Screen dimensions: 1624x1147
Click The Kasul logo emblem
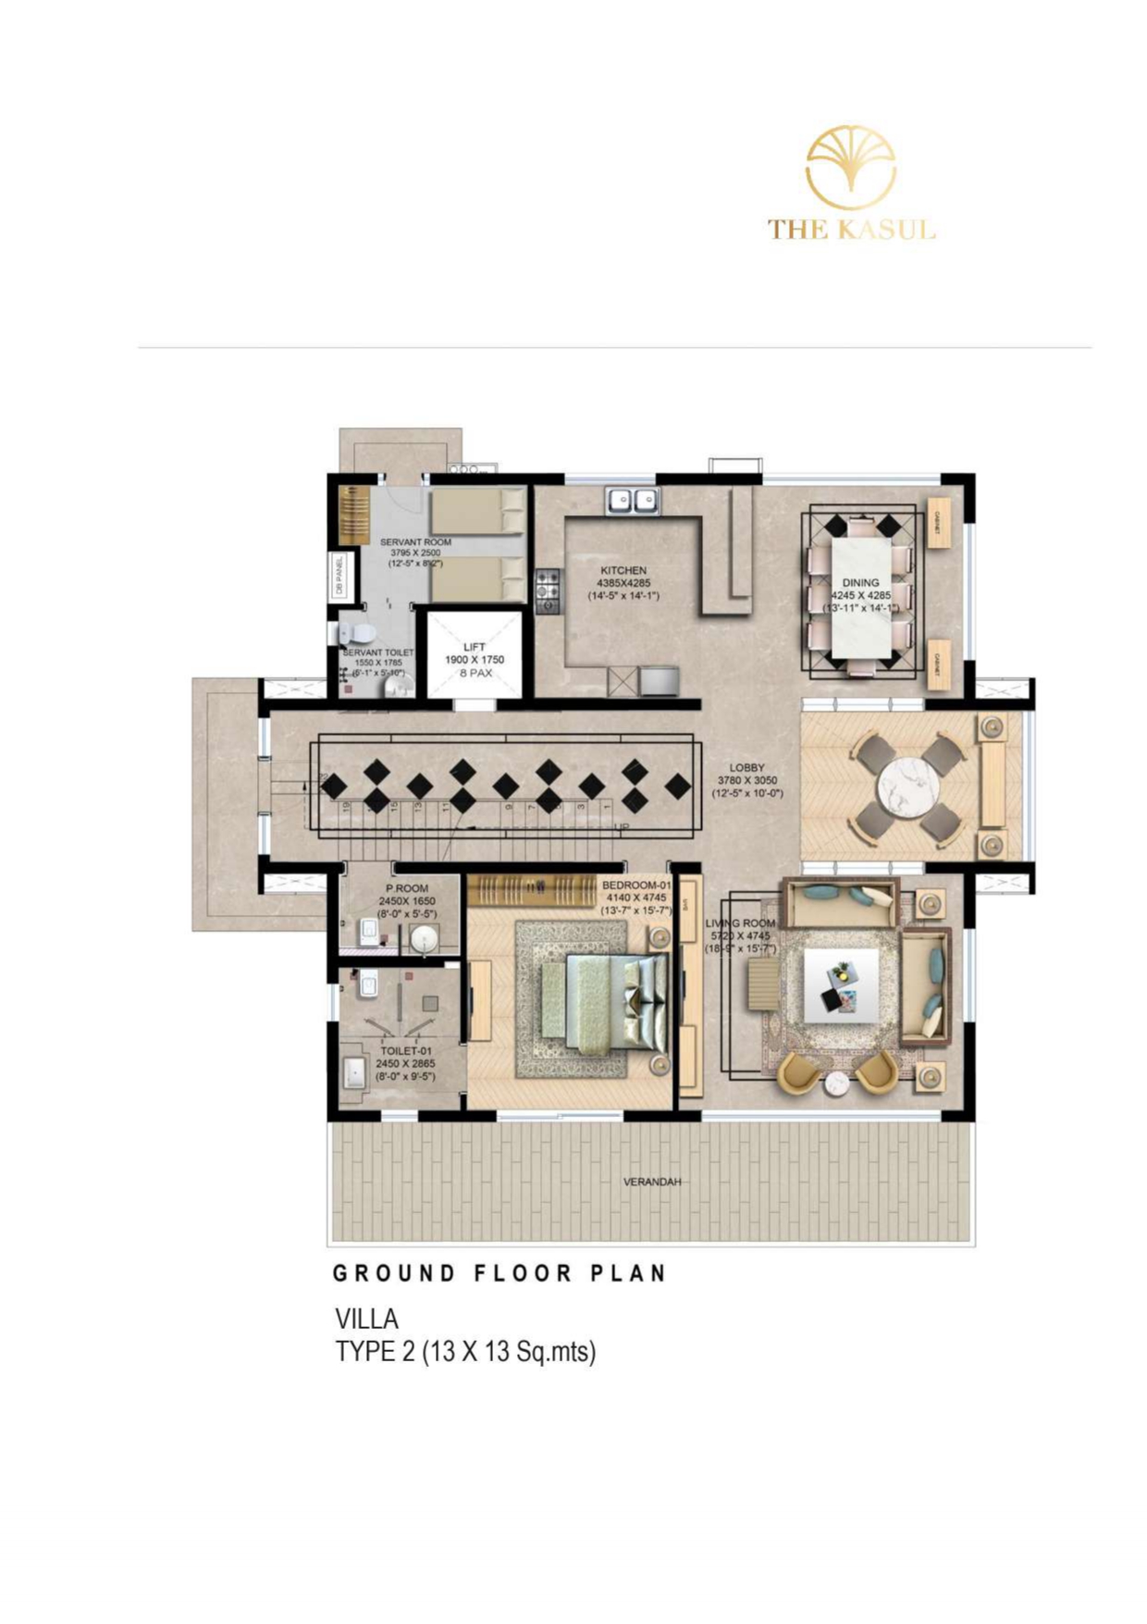(x=850, y=167)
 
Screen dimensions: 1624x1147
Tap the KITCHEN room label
(x=623, y=571)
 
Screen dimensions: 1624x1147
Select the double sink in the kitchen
(x=633, y=501)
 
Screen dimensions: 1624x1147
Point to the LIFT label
(x=475, y=647)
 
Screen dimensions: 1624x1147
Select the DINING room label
(x=860, y=583)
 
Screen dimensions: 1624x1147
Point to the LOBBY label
(x=746, y=767)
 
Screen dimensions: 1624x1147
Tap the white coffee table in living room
(x=841, y=986)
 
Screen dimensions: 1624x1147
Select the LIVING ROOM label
(x=740, y=924)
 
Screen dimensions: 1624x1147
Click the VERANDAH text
(x=651, y=1183)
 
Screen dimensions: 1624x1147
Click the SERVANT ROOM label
(x=415, y=542)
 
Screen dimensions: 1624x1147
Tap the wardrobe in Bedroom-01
(x=531, y=890)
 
